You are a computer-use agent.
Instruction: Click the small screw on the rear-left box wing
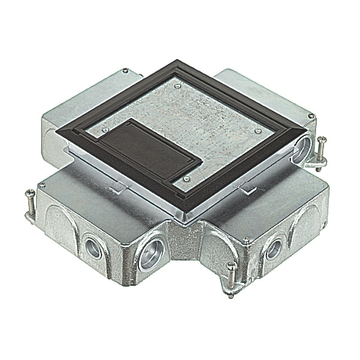(x=126, y=72)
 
